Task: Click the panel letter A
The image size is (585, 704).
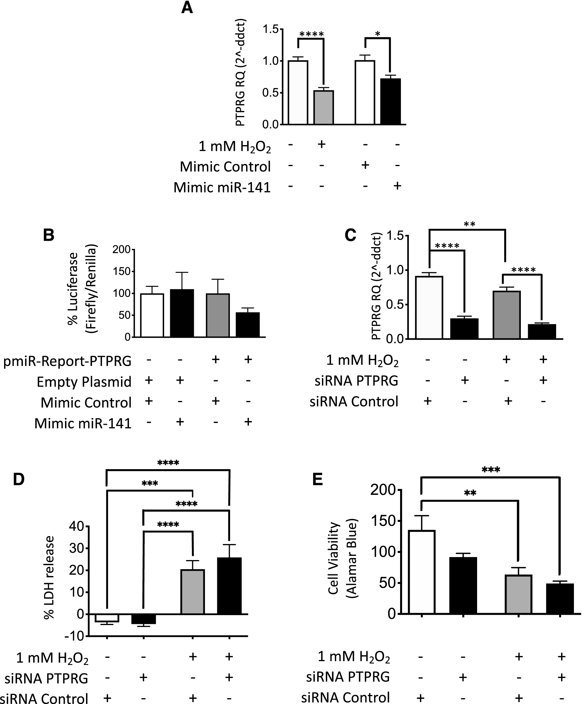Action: tap(187, 7)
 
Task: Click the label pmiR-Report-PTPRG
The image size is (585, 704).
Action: tap(67, 361)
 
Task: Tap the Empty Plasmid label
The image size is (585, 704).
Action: tap(84, 382)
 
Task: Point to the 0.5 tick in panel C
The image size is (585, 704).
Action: tap(395, 305)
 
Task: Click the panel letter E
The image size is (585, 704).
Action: tap(317, 479)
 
